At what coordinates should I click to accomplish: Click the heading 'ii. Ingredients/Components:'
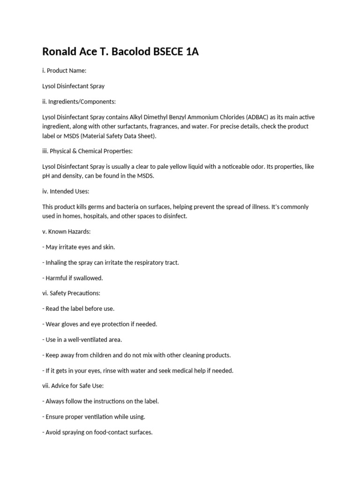(x=79, y=101)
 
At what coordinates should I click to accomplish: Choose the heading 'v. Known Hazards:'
(x=66, y=232)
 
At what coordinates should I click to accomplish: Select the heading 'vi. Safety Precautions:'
(x=71, y=293)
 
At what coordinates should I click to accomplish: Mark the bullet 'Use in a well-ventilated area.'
(x=82, y=339)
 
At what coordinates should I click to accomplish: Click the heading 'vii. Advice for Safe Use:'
(x=74, y=386)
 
